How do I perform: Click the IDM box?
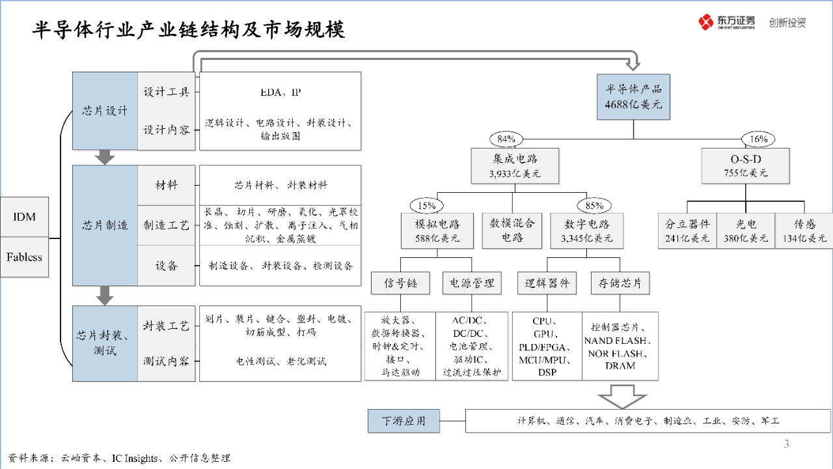pos(25,217)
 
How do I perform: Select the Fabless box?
pos(25,257)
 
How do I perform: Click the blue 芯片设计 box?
pos(105,111)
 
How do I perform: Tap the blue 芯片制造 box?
pos(105,225)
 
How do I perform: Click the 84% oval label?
pos(506,139)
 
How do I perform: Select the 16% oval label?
pos(759,139)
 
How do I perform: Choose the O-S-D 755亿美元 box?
pos(746,165)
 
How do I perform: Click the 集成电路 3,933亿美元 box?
pos(515,165)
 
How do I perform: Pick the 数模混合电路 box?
pos(512,230)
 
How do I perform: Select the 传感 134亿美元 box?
pos(805,230)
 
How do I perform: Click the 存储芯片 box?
pos(620,283)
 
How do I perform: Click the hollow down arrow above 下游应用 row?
pos(621,396)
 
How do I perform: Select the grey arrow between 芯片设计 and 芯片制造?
pos(105,157)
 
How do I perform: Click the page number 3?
pos(786,445)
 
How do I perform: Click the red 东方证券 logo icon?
pos(706,22)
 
